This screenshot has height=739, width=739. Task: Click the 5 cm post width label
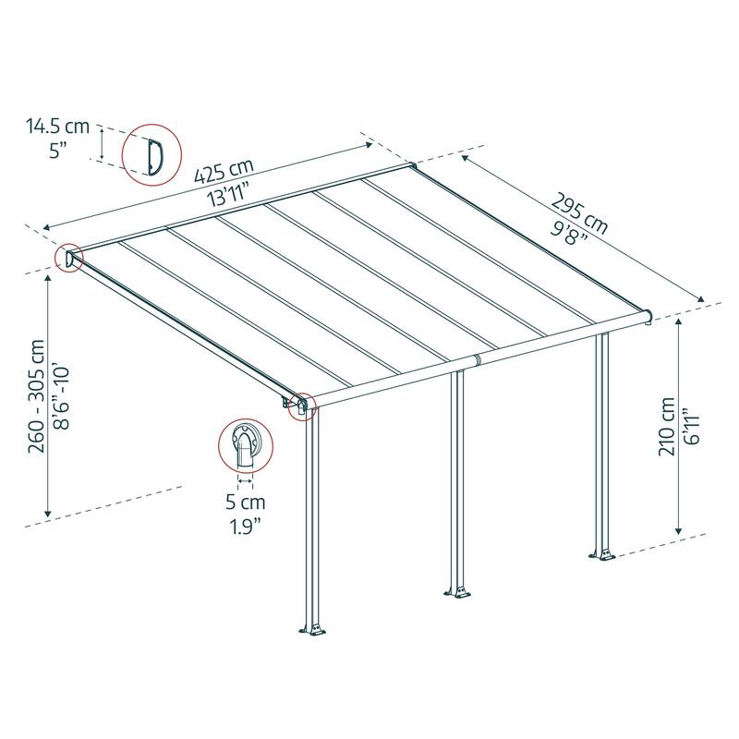[x=246, y=503]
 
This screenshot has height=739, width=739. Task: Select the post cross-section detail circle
[x=247, y=447]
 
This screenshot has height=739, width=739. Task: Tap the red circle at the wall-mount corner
[x=70, y=259]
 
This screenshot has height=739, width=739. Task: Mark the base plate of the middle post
[x=458, y=590]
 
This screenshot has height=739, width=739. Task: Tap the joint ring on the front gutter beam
[x=477, y=359]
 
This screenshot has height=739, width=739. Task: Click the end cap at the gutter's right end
[x=651, y=315]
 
